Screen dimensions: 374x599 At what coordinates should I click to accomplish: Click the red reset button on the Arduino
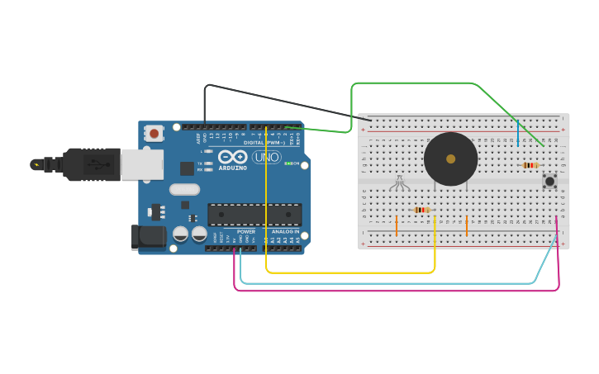[155, 133]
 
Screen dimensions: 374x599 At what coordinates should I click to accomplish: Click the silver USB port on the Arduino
[141, 164]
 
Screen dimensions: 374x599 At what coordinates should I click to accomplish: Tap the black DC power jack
[148, 237]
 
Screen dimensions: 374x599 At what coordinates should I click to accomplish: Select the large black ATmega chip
[254, 215]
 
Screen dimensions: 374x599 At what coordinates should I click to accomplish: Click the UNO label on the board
[267, 157]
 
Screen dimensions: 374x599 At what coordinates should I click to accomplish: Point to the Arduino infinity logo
[232, 157]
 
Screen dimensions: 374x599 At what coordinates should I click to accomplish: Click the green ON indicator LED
[287, 163]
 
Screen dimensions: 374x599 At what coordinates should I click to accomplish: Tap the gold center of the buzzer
[450, 159]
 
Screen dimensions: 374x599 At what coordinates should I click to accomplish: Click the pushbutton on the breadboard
[549, 181]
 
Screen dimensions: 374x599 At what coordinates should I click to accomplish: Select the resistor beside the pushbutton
[530, 165]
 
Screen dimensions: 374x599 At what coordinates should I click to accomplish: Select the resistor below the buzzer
[422, 210]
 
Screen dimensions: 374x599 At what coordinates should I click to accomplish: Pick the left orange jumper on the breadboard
[397, 225]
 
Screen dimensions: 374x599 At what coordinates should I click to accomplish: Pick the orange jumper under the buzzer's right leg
[467, 225]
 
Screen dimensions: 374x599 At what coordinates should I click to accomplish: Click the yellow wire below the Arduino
[347, 272]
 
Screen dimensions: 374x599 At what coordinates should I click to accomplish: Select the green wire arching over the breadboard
[413, 83]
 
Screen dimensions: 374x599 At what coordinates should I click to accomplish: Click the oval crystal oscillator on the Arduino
[184, 189]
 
